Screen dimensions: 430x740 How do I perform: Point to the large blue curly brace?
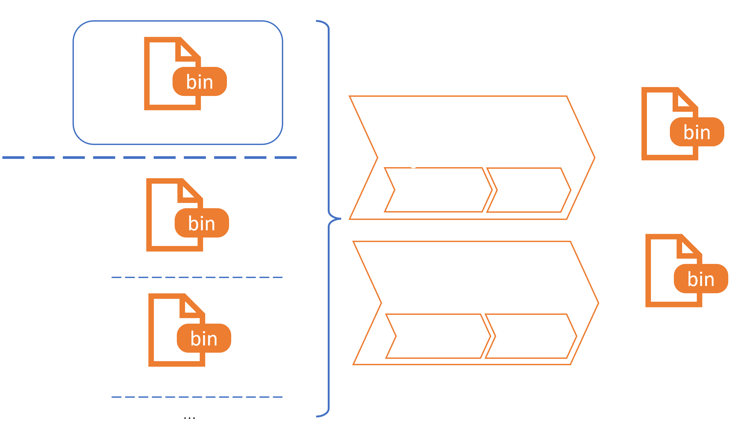tap(329, 218)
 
